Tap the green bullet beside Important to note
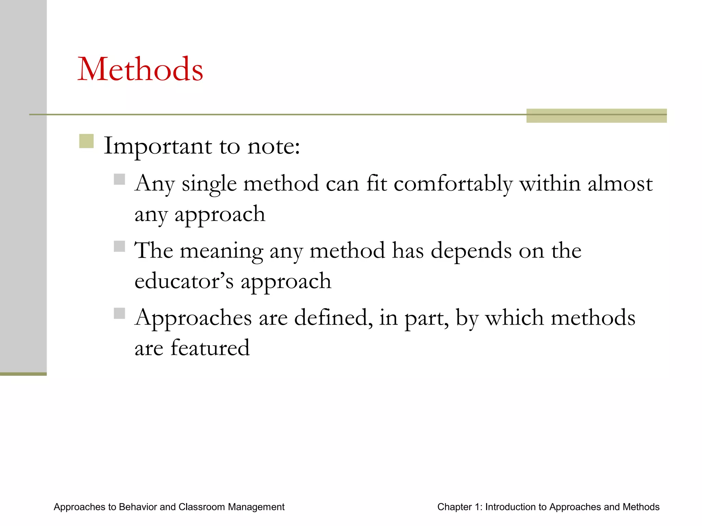point(86,141)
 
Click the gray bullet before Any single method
point(119,179)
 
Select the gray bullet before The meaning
point(119,246)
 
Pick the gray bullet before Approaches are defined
point(119,313)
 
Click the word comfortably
point(453,184)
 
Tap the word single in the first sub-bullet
point(209,184)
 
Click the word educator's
point(184,281)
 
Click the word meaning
point(221,251)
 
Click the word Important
point(158,147)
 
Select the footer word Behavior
point(137,507)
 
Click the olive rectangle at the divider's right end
point(596,116)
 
